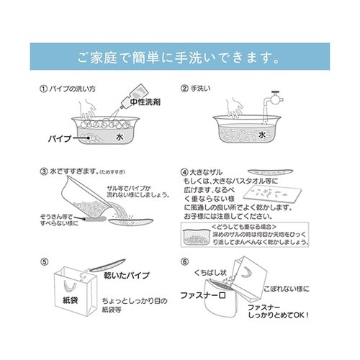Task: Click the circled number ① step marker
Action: (42, 90)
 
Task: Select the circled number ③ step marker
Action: (42, 174)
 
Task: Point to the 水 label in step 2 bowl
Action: (263, 134)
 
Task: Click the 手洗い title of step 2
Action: (204, 90)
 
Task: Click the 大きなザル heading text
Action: (210, 174)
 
